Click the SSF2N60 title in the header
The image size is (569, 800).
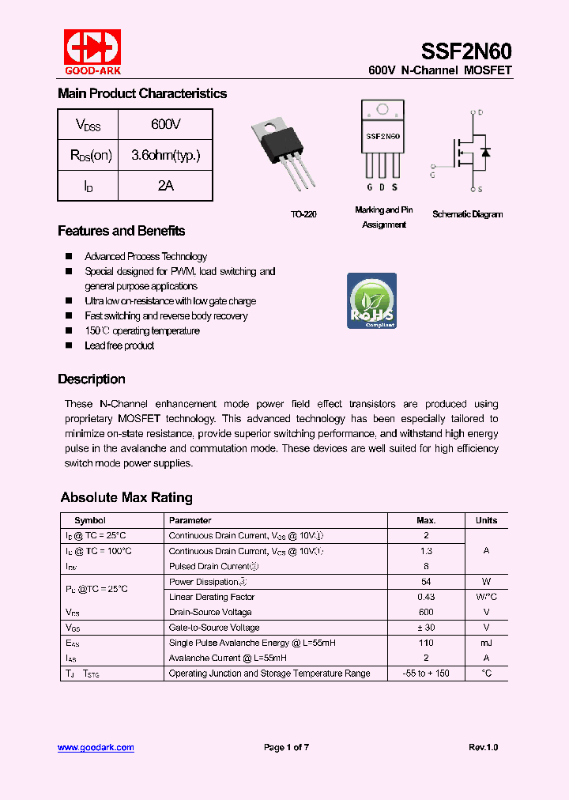[x=466, y=51]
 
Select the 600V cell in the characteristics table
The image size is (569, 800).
[x=165, y=124]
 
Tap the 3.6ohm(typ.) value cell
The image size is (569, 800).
[x=165, y=155]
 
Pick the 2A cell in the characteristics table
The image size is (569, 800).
[x=165, y=185]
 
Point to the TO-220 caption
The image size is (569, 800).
[x=303, y=214]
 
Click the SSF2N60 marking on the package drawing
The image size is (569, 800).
[x=382, y=137]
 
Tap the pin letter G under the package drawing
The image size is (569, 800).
[x=369, y=187]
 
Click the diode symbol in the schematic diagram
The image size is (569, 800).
[x=485, y=151]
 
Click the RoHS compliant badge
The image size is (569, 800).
[x=371, y=300]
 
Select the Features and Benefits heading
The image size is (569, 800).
[x=121, y=231]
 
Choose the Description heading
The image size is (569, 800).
[x=91, y=379]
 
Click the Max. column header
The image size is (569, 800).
[x=426, y=520]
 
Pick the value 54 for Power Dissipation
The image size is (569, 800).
[x=426, y=582]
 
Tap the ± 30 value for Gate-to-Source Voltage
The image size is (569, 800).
[x=426, y=628]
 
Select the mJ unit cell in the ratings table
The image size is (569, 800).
[x=486, y=643]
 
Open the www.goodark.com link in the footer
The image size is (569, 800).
[x=96, y=747]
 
